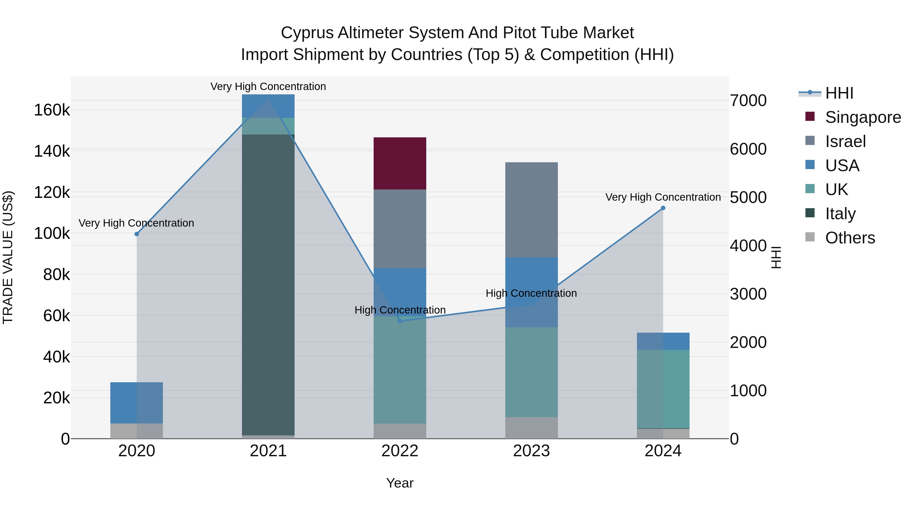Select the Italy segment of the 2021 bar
[x=268, y=284]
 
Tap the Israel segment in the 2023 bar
[x=531, y=210]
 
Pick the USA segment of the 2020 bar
[x=136, y=403]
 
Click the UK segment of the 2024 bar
[x=663, y=389]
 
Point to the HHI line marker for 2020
[x=137, y=234]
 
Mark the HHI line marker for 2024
[x=663, y=208]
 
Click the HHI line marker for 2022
[x=400, y=321]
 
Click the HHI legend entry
[x=839, y=93]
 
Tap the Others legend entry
[x=850, y=238]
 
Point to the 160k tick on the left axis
[x=52, y=110]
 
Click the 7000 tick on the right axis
[x=748, y=100]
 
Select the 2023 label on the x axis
[x=531, y=451]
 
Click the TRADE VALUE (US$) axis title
[x=8, y=257]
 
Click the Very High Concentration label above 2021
[x=268, y=86]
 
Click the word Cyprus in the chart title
[x=307, y=33]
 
